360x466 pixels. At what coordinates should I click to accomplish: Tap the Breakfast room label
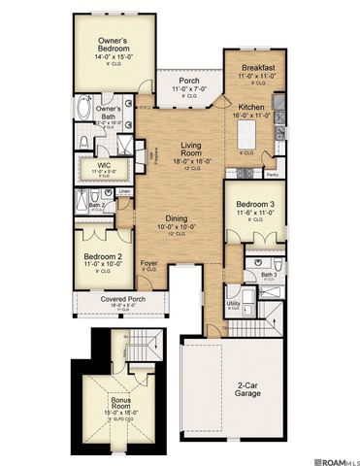pos(258,67)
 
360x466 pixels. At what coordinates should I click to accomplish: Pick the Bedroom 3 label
pos(255,205)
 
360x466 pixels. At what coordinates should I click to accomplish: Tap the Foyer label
pos(149,263)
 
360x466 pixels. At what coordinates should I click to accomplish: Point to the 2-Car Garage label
pos(246,392)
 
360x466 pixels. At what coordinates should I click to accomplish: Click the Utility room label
pos(233,305)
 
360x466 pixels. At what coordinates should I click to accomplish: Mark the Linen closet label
pos(124,192)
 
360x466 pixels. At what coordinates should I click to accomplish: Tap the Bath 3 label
pos(269,276)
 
